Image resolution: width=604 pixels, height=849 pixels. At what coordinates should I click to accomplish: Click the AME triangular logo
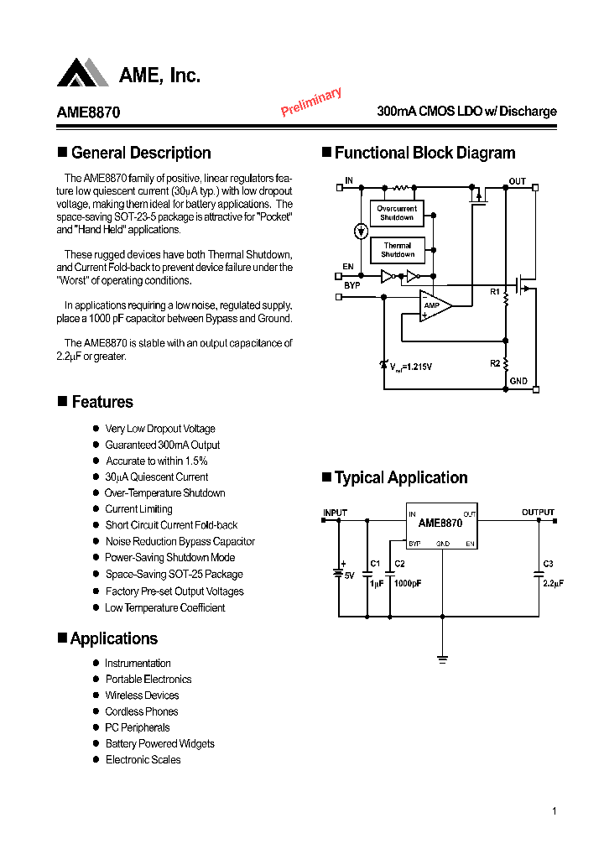point(82,73)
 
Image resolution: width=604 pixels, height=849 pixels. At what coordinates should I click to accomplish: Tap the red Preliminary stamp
point(311,102)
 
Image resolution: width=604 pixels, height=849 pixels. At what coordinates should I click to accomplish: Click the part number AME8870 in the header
point(88,112)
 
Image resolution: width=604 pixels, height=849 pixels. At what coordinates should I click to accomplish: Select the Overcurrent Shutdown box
point(397,213)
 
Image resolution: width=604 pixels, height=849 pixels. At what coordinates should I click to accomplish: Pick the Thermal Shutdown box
point(397,250)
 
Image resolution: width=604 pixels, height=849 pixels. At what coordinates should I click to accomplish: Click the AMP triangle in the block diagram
point(434,305)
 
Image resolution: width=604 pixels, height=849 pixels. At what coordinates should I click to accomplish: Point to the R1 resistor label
point(495,292)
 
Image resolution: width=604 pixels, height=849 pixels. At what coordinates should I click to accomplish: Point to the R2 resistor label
point(495,363)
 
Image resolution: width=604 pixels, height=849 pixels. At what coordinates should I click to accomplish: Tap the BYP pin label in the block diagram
point(351,286)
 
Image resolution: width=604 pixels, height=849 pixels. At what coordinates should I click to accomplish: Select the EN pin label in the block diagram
point(348,267)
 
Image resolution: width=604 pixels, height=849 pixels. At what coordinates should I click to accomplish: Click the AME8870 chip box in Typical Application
point(441,529)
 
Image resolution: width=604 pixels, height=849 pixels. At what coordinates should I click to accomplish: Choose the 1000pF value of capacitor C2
point(408,583)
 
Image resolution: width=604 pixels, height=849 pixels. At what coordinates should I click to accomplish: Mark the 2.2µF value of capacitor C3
point(553,583)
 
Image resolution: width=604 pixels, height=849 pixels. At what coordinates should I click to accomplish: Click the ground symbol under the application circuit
point(442,658)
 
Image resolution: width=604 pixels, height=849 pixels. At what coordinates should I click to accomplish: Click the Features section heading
point(102,402)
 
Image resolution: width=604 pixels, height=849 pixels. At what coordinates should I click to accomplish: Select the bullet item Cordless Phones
point(141,711)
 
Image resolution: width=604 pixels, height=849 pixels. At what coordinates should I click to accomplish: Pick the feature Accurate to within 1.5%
point(156,461)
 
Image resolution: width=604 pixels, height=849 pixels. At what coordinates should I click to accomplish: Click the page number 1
point(555,811)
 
